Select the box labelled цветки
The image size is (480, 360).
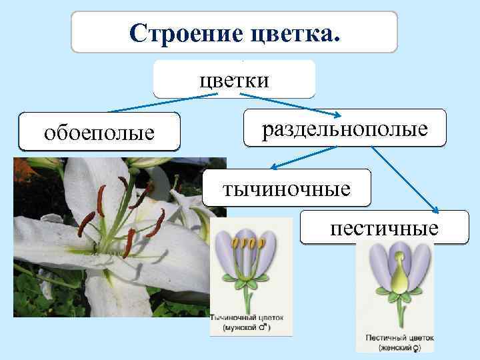pos(234,80)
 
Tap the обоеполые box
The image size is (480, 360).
pos(99,132)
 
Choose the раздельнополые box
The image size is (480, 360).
pos(345,129)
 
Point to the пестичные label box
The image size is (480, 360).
pos(384,229)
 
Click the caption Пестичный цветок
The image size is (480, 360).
pos(396,337)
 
